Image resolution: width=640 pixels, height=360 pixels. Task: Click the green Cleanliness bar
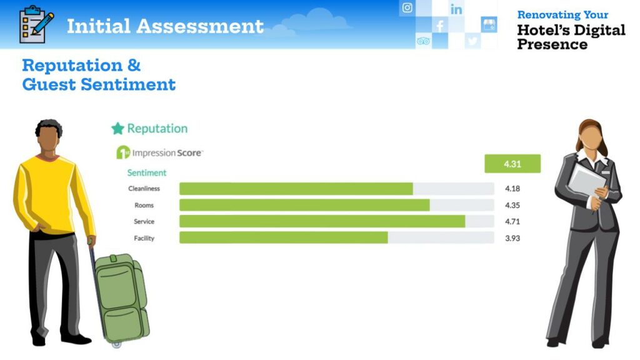(296, 189)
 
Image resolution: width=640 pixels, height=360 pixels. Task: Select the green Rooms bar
(304, 205)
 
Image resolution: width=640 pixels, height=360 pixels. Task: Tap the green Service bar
(322, 221)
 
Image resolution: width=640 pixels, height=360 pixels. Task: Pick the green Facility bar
(284, 237)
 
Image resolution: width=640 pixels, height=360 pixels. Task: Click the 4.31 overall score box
(512, 164)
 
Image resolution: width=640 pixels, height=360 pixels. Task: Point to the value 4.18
(512, 189)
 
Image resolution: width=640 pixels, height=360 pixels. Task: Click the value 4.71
(512, 222)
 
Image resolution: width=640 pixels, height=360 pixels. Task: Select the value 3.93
(512, 238)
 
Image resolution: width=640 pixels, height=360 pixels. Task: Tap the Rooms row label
(144, 205)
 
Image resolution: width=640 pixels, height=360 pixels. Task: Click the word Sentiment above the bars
(146, 172)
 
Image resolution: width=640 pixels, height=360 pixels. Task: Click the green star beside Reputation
(117, 129)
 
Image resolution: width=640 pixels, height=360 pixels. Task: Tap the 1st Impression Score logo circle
(123, 152)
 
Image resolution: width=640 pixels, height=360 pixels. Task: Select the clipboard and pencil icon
(36, 24)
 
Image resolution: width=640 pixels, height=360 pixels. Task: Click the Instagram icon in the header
(407, 7)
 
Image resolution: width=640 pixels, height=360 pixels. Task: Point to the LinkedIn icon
(456, 9)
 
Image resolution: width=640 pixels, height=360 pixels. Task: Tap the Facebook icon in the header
(439, 26)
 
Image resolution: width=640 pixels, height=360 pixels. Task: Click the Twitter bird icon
(472, 41)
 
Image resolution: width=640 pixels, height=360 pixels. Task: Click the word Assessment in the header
(200, 26)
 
